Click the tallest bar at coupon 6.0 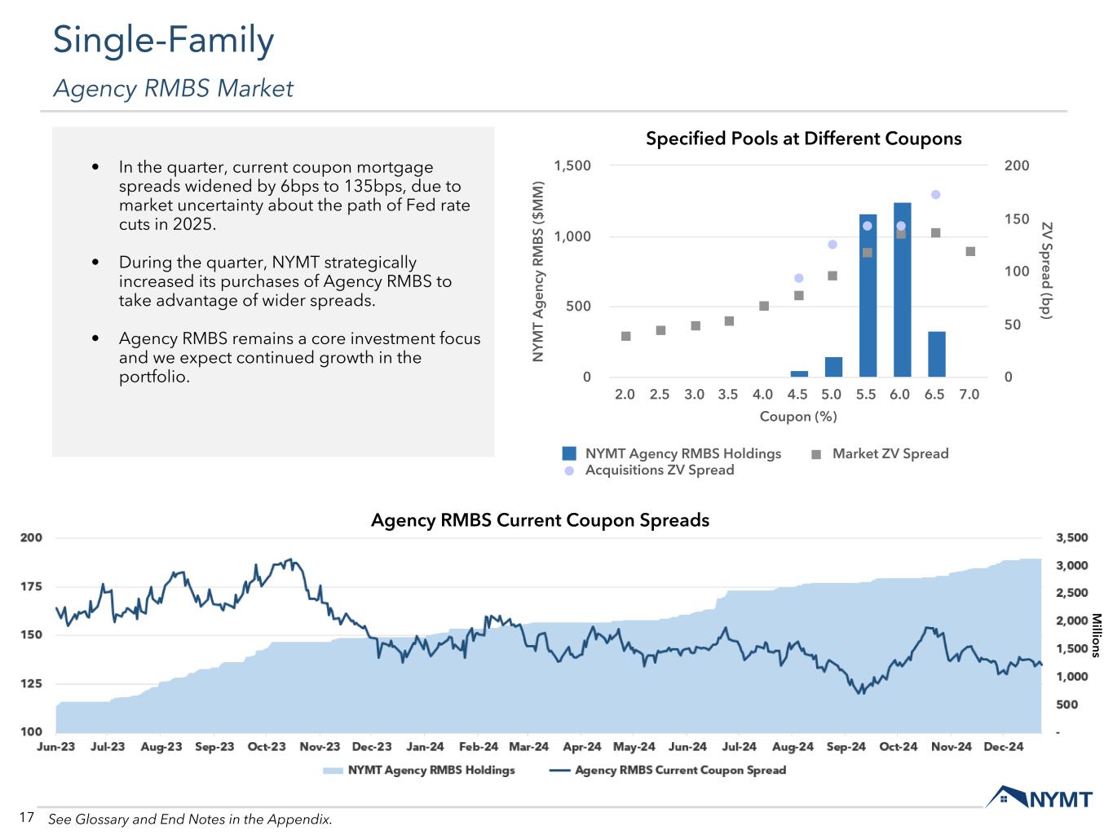click(901, 289)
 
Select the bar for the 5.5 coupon click(867, 295)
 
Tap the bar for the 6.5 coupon click(936, 354)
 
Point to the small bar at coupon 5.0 click(833, 367)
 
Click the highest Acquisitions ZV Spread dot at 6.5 click(936, 194)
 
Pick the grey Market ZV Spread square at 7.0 click(970, 251)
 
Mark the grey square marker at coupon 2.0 click(625, 336)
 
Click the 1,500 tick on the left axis click(572, 166)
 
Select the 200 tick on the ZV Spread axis click(1017, 166)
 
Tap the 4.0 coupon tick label click(762, 395)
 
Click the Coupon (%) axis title click(798, 417)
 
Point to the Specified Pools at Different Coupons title click(803, 139)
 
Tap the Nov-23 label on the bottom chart click(320, 747)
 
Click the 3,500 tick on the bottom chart click(1071, 538)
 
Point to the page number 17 click(26, 817)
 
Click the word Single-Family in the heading click(163, 41)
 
